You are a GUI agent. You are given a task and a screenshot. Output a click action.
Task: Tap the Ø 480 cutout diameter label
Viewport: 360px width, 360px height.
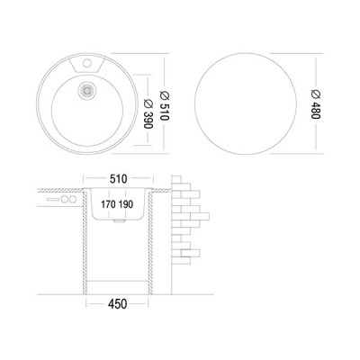pyautogui.click(x=316, y=103)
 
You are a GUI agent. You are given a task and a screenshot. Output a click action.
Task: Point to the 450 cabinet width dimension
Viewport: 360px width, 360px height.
pyautogui.click(x=118, y=304)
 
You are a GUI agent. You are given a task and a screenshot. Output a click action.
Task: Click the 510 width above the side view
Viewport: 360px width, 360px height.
pyautogui.click(x=118, y=179)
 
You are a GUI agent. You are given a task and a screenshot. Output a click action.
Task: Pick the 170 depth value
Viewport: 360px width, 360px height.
pyautogui.click(x=108, y=204)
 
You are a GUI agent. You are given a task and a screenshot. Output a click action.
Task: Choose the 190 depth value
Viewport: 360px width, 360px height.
pyautogui.click(x=125, y=204)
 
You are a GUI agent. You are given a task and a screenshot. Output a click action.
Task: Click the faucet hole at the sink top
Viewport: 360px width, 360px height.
pyautogui.click(x=87, y=63)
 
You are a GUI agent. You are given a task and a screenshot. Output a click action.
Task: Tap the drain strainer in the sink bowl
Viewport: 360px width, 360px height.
pyautogui.click(x=87, y=90)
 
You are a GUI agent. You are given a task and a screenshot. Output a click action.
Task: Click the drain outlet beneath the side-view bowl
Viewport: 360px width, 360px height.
pyautogui.click(x=120, y=221)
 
